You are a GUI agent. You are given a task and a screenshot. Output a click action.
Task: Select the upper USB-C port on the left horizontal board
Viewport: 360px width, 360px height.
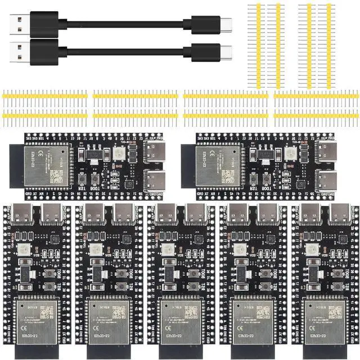153,151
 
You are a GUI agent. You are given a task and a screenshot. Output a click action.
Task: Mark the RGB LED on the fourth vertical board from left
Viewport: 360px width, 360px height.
238,249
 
